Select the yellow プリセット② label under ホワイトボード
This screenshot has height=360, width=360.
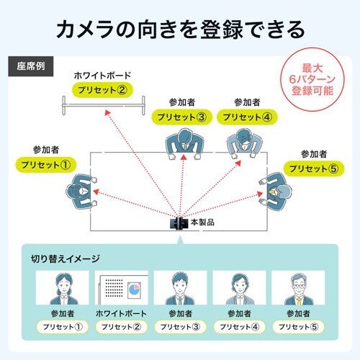pyautogui.click(x=103, y=90)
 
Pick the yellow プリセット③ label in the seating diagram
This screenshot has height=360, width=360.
pyautogui.click(x=183, y=117)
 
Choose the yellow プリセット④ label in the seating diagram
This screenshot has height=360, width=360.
pyautogui.click(x=246, y=117)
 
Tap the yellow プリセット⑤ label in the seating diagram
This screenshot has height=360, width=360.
pyautogui.click(x=313, y=169)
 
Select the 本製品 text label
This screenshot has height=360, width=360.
pyautogui.click(x=202, y=222)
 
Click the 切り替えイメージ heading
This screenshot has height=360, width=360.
pyautogui.click(x=66, y=258)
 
